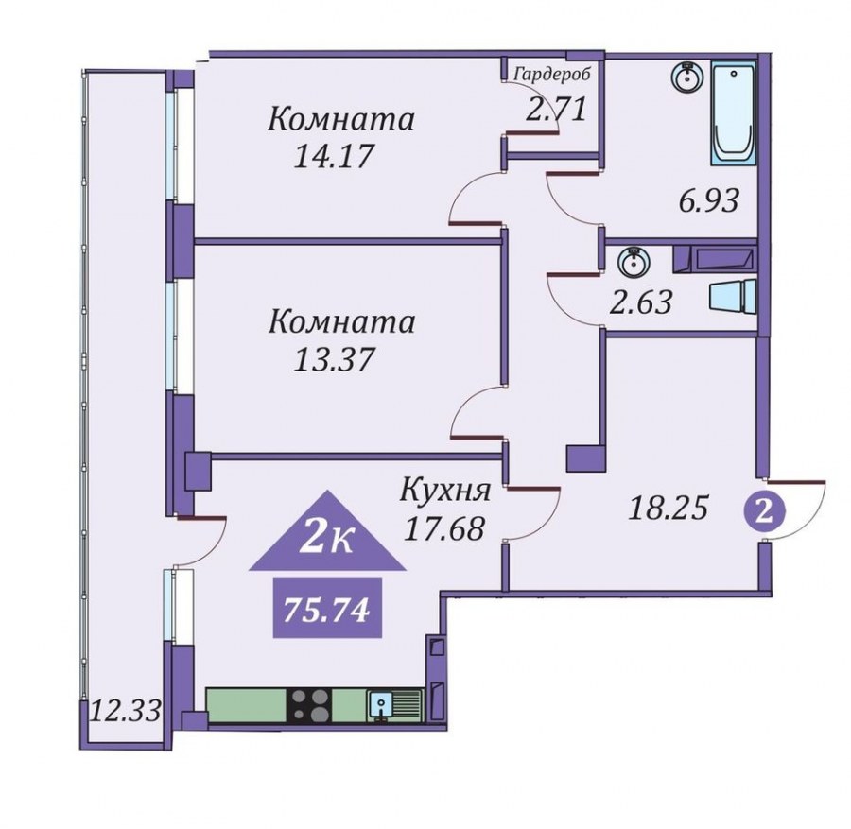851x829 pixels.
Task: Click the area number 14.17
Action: tap(334, 157)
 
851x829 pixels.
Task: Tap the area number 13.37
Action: tap(334, 359)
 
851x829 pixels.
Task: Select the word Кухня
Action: tap(445, 490)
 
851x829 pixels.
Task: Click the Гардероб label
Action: tap(551, 75)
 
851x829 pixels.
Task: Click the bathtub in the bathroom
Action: tap(733, 112)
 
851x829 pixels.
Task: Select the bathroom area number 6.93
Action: tap(709, 200)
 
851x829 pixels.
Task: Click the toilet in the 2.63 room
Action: tap(732, 295)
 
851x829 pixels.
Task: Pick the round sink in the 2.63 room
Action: tap(632, 263)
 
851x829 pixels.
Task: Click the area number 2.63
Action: tap(641, 302)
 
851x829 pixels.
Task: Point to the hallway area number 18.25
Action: tap(669, 509)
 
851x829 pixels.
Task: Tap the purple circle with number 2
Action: tap(764, 512)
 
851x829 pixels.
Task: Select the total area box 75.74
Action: tap(327, 608)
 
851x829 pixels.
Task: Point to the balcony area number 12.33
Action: tap(126, 710)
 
